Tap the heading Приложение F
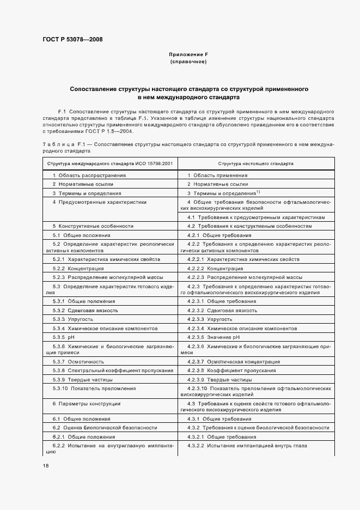click(188, 54)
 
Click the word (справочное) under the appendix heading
click(188, 62)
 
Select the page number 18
click(46, 465)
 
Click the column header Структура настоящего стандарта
click(255, 163)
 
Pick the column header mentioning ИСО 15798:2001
click(110, 163)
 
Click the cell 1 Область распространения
click(89, 175)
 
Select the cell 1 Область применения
click(217, 175)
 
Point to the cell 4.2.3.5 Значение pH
click(215, 337)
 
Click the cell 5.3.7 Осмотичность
click(80, 361)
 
